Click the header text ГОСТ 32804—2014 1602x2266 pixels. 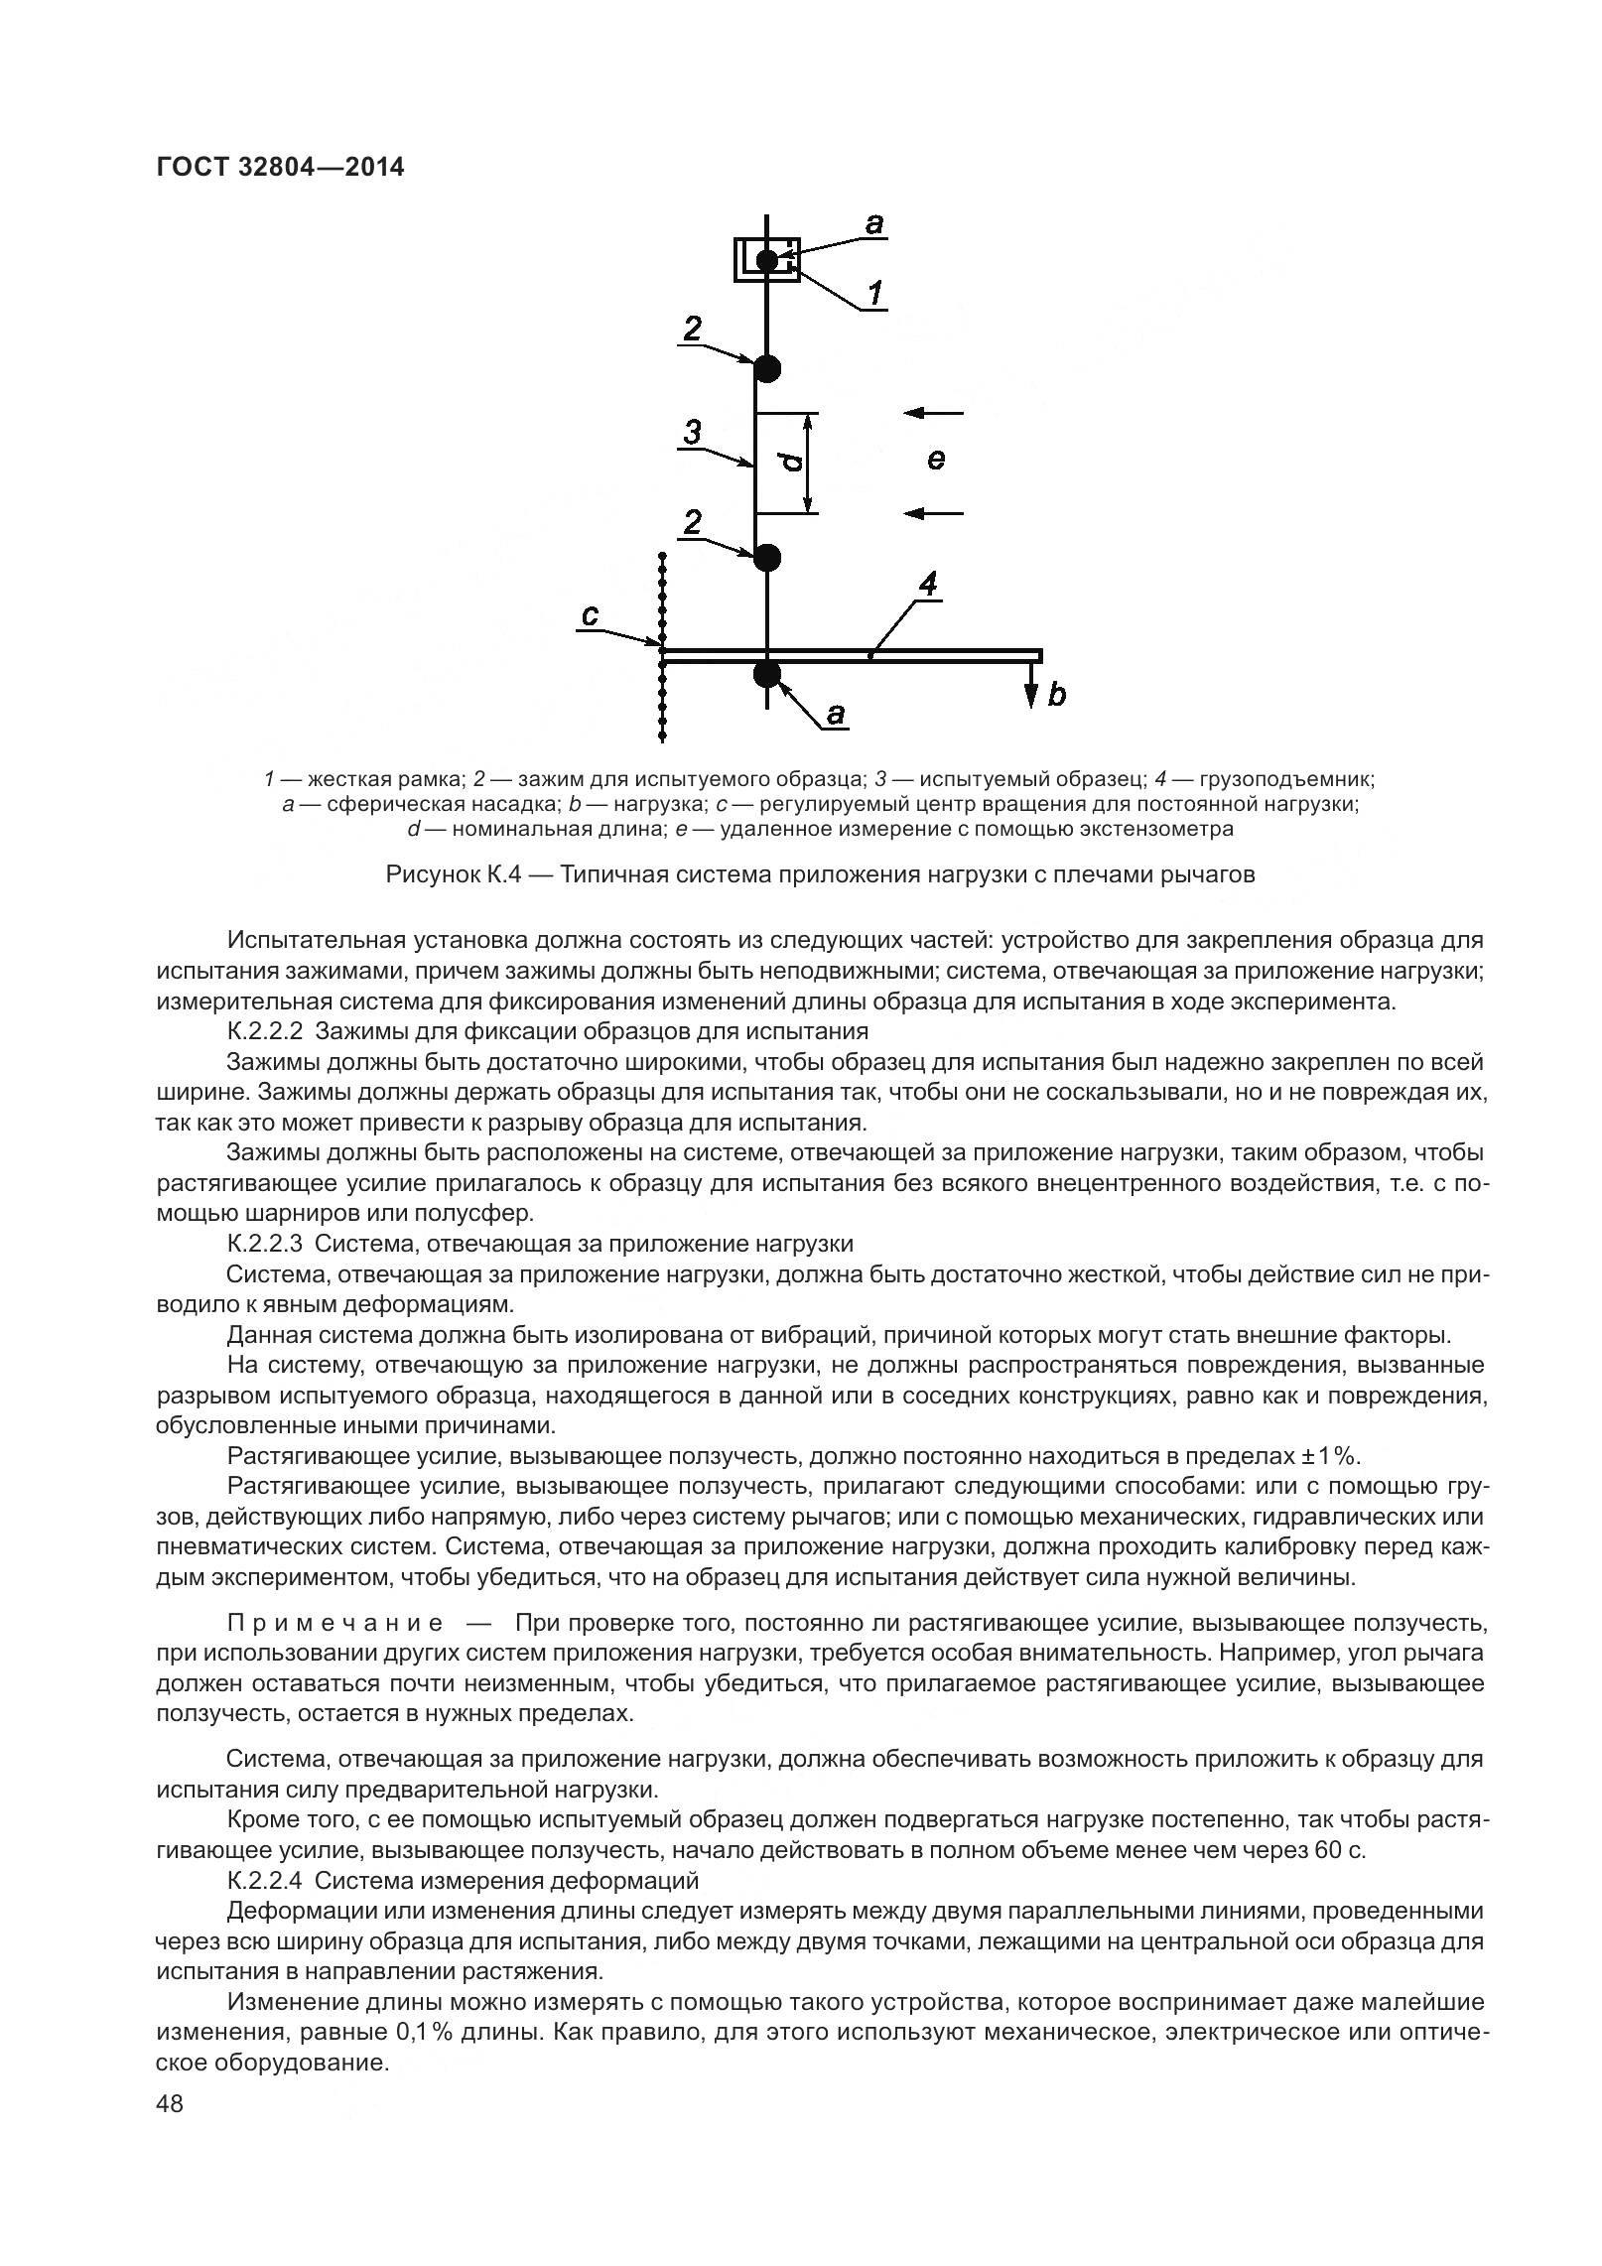(x=281, y=167)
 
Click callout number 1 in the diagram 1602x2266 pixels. (x=876, y=294)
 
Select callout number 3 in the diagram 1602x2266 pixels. (x=693, y=433)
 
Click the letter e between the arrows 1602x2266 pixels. (x=935, y=460)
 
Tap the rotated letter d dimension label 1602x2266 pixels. (x=789, y=463)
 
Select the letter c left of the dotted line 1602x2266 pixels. (x=590, y=616)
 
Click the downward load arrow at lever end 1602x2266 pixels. (x=1032, y=685)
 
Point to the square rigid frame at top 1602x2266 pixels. (x=766, y=260)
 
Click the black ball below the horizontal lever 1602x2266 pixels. (x=767, y=675)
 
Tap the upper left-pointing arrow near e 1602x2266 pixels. (x=935, y=412)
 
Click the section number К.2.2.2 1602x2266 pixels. (x=264, y=1031)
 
